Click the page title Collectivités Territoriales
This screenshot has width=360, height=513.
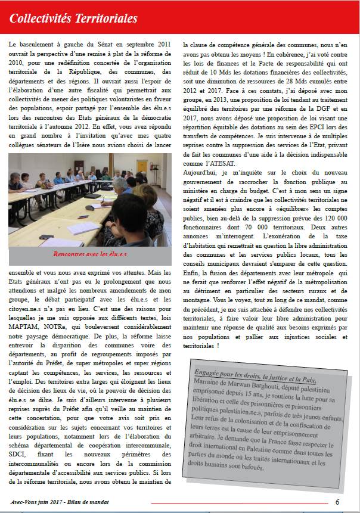(x=73, y=19)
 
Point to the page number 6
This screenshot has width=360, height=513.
(x=337, y=501)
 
